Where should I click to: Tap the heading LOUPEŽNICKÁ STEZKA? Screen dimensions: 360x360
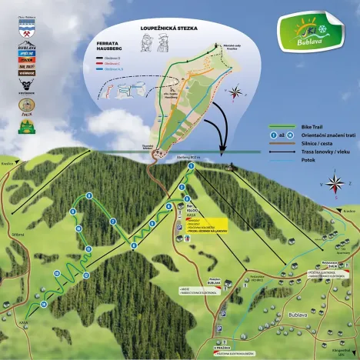point(168,28)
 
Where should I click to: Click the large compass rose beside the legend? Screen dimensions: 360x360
point(335,183)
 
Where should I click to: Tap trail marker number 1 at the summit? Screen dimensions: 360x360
point(190,168)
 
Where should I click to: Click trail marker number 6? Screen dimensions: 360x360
point(168,208)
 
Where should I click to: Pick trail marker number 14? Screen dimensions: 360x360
point(44,304)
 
